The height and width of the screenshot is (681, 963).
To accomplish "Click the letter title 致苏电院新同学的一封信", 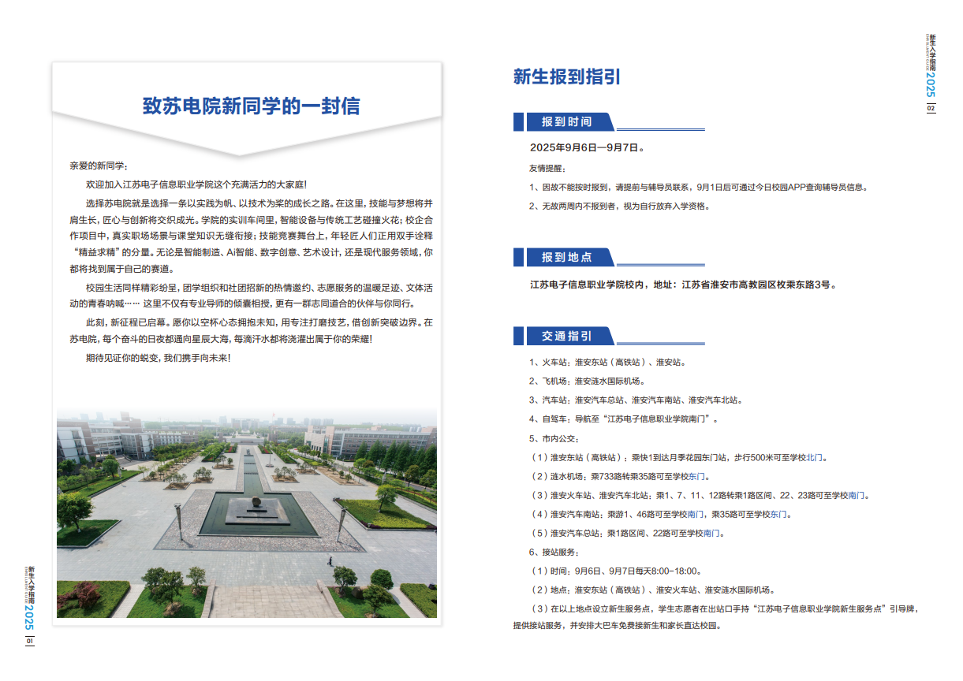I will pos(251,107).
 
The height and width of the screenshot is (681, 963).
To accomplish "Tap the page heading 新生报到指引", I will pos(566,76).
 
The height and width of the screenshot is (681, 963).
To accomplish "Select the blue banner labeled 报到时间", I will pos(566,122).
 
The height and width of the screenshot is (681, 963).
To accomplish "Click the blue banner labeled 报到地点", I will pos(566,258).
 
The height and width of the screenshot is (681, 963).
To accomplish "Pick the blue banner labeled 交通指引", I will pos(566,337).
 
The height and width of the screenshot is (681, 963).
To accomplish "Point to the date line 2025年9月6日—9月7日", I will pos(587,147).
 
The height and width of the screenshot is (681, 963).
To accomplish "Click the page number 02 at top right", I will pos(931,108).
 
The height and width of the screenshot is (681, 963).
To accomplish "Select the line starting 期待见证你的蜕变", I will pos(158,358).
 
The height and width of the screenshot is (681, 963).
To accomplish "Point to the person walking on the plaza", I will pos(330,561).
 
